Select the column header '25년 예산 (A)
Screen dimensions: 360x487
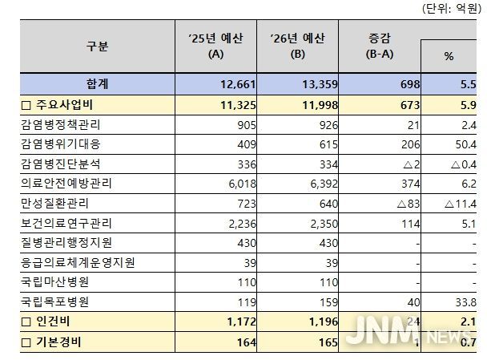pos(215,47)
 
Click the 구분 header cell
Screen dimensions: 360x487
pos(97,47)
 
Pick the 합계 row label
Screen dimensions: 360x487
pos(97,83)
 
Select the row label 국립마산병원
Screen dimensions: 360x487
pos(56,283)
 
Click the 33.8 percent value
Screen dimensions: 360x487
pos(465,303)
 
